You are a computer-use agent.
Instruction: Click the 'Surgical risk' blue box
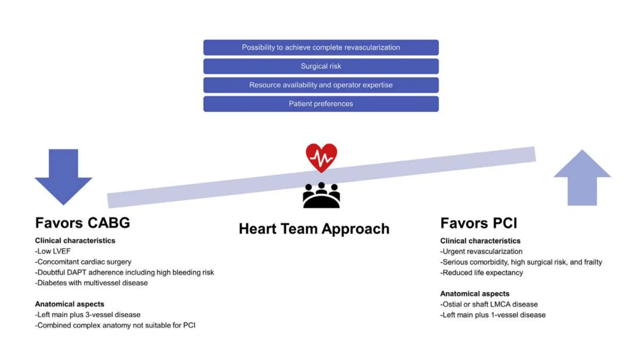[x=321, y=66]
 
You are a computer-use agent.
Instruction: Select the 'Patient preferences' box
[x=321, y=104]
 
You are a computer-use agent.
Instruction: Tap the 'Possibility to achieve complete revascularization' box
[x=321, y=47]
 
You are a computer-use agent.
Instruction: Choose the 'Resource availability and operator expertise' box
[x=321, y=85]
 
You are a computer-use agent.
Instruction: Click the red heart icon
[x=321, y=157]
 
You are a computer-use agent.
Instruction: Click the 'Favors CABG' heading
[x=82, y=223]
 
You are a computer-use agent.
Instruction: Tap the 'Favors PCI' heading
[x=479, y=223]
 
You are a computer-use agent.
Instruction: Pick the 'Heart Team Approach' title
[x=314, y=229]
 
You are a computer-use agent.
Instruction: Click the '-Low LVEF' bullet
[x=53, y=251]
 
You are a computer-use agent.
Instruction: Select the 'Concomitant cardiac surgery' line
[x=83, y=262]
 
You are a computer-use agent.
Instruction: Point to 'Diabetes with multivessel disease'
[x=91, y=283]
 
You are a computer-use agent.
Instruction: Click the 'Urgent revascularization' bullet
[x=481, y=252]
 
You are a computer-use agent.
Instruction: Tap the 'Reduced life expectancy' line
[x=482, y=272]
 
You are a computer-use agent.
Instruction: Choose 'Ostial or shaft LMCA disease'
[x=489, y=304]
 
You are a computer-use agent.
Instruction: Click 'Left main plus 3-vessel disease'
[x=88, y=315]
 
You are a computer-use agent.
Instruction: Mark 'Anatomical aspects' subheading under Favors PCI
[x=475, y=294]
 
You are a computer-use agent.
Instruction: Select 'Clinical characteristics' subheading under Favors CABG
[x=75, y=241]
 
